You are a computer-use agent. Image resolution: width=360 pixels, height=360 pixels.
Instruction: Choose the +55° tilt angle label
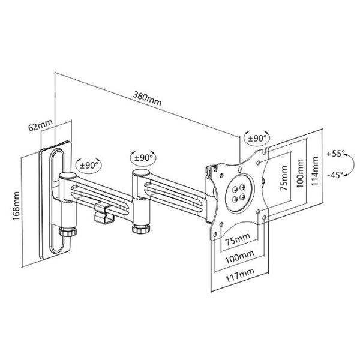click(x=337, y=154)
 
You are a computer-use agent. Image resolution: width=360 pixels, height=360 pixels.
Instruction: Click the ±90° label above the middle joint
click(x=143, y=157)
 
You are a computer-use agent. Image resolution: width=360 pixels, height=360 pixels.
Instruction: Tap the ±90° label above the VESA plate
click(x=256, y=138)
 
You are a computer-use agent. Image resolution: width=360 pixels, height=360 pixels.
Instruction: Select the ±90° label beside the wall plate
click(x=90, y=163)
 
